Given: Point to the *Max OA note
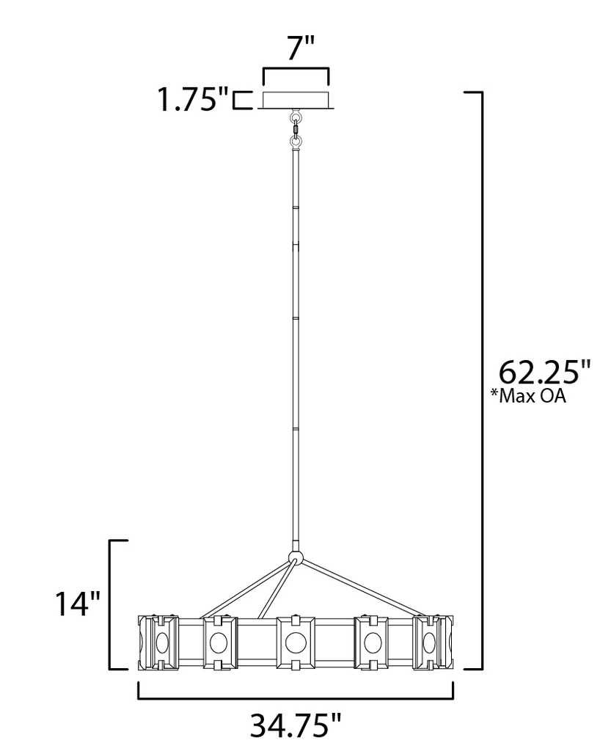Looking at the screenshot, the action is [528, 396].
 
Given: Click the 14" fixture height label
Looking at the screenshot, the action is [78, 603].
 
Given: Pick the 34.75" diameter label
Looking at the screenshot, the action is [296, 725].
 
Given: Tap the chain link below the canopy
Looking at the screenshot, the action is [296, 129].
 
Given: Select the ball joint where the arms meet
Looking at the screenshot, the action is [296, 558].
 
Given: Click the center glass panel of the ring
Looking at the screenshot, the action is [296, 642].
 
